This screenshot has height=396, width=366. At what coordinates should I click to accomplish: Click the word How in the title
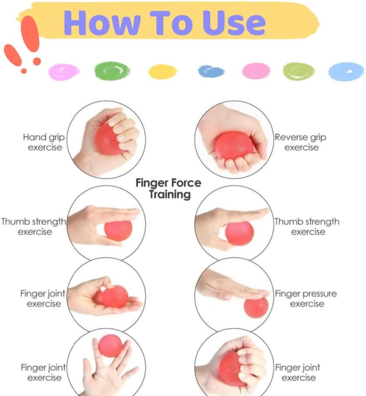pyautogui.click(x=102, y=23)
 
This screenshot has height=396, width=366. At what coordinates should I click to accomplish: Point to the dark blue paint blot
pyautogui.click(x=211, y=71)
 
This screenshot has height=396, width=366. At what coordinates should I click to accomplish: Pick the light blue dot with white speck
pyautogui.click(x=346, y=71)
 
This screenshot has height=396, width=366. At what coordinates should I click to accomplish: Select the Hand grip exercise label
pyautogui.click(x=44, y=142)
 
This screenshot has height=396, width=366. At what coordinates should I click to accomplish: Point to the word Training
pyautogui.click(x=169, y=195)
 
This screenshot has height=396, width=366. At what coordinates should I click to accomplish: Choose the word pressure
pyautogui.click(x=320, y=294)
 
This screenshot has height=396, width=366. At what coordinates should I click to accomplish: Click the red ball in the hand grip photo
pyautogui.click(x=109, y=139)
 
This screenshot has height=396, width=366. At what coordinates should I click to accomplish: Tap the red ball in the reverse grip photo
pyautogui.click(x=234, y=145)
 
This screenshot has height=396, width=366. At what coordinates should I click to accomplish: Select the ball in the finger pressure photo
pyautogui.click(x=256, y=307)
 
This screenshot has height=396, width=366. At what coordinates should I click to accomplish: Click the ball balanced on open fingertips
pyautogui.click(x=111, y=346)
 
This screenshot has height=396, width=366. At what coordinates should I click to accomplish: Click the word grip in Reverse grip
pyautogui.click(x=318, y=138)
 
